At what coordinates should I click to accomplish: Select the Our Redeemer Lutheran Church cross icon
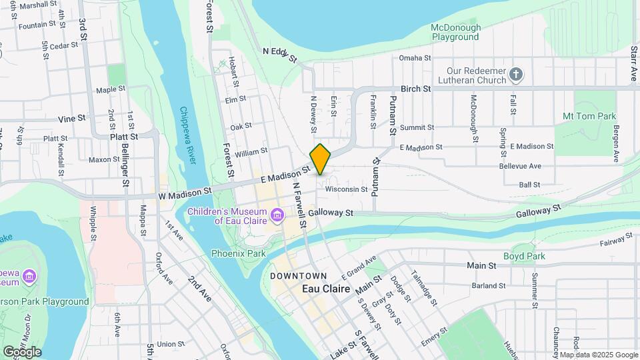click(x=515, y=75)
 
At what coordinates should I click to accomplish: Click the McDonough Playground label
click(x=455, y=32)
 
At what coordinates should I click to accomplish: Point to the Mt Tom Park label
click(x=589, y=116)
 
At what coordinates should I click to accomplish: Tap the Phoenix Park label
click(x=238, y=253)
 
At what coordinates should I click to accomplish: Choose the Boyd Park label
click(x=524, y=256)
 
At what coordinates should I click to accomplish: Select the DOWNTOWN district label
click(x=299, y=276)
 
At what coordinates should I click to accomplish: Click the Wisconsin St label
click(x=346, y=189)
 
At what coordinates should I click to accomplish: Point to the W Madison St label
click(x=185, y=191)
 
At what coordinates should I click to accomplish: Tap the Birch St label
click(x=416, y=89)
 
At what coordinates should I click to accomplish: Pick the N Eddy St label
click(x=279, y=53)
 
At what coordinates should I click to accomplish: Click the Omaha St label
click(x=415, y=58)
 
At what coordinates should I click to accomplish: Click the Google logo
click(x=21, y=352)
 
